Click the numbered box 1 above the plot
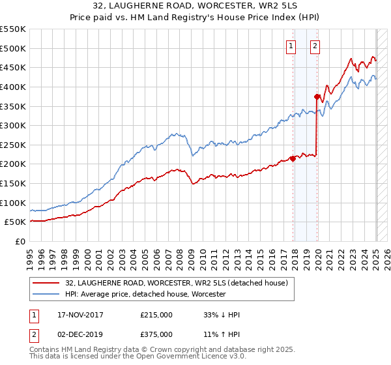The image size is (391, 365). pos(290,46)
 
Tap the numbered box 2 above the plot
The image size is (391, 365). pos(315,46)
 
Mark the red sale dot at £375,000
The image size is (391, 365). pos(317,97)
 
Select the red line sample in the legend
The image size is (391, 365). pos(46,283)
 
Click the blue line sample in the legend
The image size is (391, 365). pos(46,294)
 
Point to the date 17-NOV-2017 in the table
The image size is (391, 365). pos(81,315)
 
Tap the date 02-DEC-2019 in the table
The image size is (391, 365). pos(81,334)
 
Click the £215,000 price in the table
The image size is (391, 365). pos(156,315)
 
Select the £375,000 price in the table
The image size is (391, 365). pos(156,334)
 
